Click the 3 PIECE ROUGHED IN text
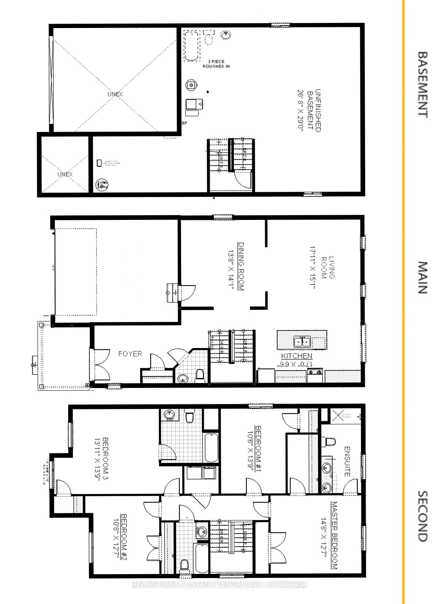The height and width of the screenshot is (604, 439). click(216, 64)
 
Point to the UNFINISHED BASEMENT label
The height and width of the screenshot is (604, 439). click(314, 111)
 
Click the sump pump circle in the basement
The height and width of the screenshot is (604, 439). click(102, 185)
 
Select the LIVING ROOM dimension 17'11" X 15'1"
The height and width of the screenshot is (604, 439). click(312, 267)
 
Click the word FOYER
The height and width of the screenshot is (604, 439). click(130, 354)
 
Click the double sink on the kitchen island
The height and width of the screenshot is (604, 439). click(302, 342)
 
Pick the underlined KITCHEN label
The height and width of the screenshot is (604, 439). click(297, 356)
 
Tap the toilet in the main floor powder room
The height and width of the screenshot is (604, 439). click(200, 376)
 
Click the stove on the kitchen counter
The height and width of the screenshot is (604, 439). click(315, 376)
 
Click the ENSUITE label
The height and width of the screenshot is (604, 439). click(347, 461)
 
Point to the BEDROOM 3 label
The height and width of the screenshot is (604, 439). click(105, 458)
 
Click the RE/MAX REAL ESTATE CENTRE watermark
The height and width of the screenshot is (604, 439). click(219, 584)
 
